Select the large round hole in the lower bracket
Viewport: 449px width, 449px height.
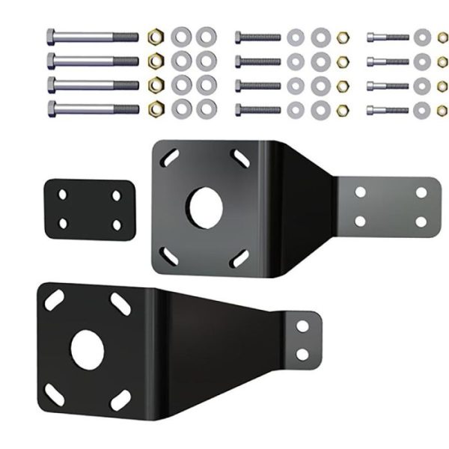tap(88, 349)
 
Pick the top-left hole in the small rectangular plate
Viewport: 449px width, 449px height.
tap(63, 195)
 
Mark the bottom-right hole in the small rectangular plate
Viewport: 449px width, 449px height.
tap(117, 224)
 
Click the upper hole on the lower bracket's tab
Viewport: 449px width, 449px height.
tap(303, 326)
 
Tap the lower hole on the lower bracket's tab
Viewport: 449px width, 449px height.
tap(303, 353)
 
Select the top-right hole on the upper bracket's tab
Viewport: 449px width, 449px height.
tap(421, 192)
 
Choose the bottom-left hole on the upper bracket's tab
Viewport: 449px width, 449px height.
tap(360, 222)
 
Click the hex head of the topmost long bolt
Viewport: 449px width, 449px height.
tap(51, 36)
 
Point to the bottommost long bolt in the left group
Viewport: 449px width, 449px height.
tap(94, 109)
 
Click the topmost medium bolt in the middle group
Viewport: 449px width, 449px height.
tap(258, 37)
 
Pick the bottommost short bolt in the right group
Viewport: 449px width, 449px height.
tap(388, 110)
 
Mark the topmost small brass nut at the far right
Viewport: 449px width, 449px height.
tap(442, 36)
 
